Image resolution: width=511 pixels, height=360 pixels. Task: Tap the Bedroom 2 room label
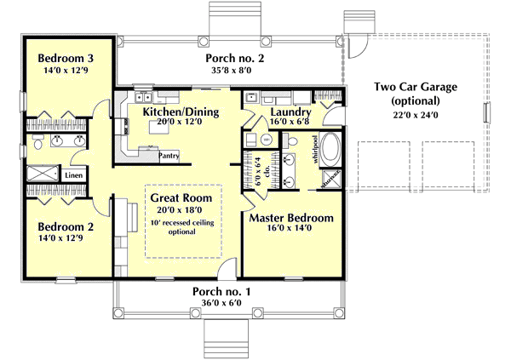click(x=66, y=228)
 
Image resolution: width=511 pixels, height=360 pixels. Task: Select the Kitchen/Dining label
click(x=181, y=111)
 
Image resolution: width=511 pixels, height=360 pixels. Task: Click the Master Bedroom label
click(x=291, y=218)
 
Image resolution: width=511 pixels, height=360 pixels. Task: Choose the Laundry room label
click(x=290, y=111)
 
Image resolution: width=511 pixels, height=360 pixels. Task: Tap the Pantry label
click(x=169, y=156)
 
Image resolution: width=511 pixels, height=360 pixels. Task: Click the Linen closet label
click(x=74, y=175)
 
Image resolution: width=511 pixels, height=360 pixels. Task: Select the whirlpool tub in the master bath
click(x=329, y=151)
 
